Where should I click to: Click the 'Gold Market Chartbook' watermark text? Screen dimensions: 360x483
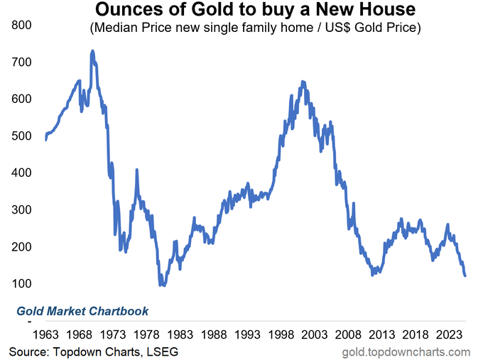pyautogui.click(x=82, y=311)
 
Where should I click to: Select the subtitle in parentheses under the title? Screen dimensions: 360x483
pyautogui.click(x=254, y=31)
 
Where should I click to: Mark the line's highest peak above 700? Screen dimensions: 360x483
pyautogui.click(x=92, y=51)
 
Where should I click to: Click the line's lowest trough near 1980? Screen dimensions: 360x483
pyautogui.click(x=163, y=285)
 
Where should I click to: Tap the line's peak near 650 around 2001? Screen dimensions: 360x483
pyautogui.click(x=303, y=82)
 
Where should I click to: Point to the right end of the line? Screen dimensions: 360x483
pyautogui.click(x=465, y=276)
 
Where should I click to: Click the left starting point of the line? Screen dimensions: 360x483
pyautogui.click(x=45, y=140)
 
